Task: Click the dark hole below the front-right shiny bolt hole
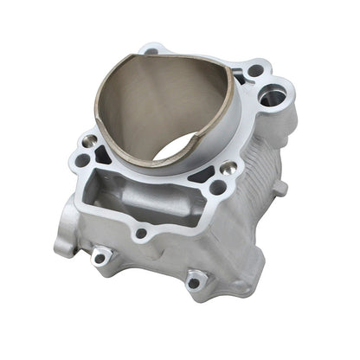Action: click(x=217, y=185)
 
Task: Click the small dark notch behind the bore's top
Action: click(x=152, y=51)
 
